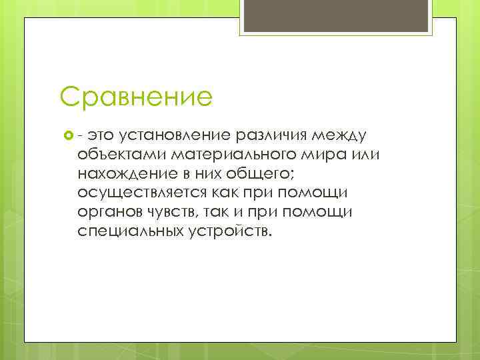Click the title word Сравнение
(x=135, y=97)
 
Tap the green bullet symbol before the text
(x=67, y=136)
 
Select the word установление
(x=175, y=136)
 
